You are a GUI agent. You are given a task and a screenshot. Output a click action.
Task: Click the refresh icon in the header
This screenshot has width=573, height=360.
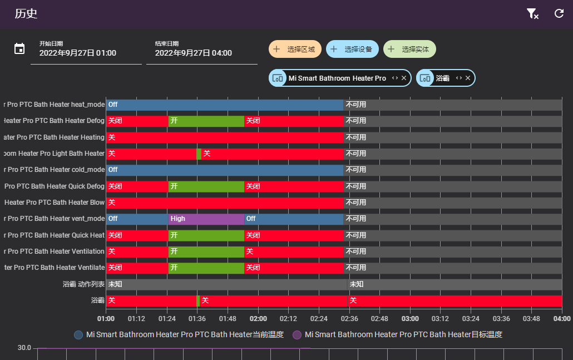(x=559, y=14)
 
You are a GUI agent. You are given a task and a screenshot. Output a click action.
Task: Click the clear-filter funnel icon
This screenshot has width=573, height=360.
(x=532, y=14)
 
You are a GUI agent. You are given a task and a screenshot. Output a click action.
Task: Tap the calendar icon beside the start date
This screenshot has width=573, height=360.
(x=19, y=48)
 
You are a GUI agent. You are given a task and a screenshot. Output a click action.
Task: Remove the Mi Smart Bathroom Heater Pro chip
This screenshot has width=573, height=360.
(x=404, y=78)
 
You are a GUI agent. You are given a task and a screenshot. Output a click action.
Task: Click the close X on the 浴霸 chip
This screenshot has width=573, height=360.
(x=468, y=78)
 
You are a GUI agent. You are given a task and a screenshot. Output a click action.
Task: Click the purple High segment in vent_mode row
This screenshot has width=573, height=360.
(x=206, y=219)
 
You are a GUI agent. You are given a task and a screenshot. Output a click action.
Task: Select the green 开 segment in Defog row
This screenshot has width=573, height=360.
(x=206, y=121)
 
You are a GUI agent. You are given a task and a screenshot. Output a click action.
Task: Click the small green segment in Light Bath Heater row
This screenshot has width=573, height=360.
(x=199, y=154)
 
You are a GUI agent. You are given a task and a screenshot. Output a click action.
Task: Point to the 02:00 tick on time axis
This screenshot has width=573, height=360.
(x=258, y=319)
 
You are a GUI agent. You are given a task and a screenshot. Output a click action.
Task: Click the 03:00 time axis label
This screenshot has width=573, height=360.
(x=410, y=319)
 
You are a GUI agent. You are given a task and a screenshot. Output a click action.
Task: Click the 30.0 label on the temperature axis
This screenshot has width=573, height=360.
(x=24, y=348)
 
